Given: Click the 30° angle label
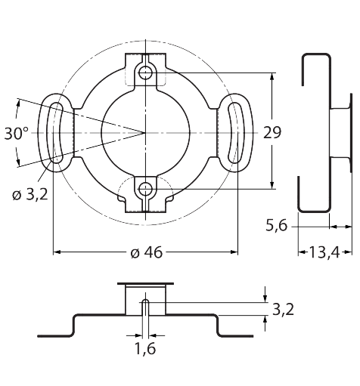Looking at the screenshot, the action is click(17, 134).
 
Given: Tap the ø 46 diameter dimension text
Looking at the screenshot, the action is click(147, 252).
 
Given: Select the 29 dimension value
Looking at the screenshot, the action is click(272, 133).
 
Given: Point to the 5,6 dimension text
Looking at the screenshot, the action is click(277, 225).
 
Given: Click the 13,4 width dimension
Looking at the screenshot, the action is click(324, 252).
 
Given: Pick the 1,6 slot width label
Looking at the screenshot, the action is click(145, 349).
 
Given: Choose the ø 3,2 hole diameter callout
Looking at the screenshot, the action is click(29, 195).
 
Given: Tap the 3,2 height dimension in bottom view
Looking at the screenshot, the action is click(284, 309).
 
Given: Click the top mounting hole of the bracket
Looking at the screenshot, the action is click(145, 73).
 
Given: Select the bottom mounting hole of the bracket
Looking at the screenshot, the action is click(145, 189).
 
